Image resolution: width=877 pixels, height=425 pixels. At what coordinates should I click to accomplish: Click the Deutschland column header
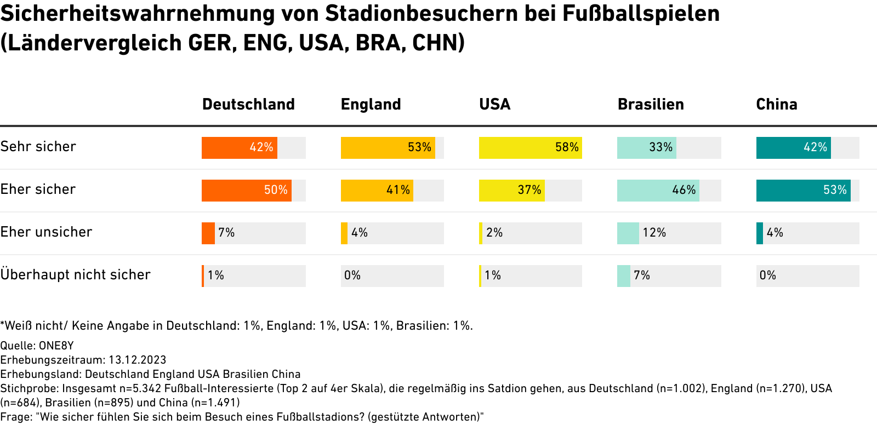click(x=248, y=104)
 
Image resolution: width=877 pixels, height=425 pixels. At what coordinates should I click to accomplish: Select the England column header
click(x=371, y=104)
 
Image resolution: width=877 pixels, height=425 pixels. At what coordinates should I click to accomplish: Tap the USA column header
click(x=494, y=104)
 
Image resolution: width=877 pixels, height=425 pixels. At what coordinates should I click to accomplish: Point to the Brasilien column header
click(x=651, y=104)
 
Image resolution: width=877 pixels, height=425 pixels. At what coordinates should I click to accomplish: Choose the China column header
click(x=776, y=104)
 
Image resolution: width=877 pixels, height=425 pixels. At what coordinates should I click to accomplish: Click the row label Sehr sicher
click(x=38, y=147)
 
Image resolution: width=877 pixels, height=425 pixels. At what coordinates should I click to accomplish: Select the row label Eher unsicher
click(x=46, y=232)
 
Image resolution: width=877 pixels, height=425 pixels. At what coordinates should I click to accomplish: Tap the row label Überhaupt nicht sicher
click(x=75, y=275)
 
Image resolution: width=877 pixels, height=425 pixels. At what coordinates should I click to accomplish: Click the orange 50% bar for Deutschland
click(x=246, y=191)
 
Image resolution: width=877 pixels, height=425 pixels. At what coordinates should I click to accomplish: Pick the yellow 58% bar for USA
click(x=530, y=148)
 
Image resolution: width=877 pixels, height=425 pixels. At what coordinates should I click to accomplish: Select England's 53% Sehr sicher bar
click(x=388, y=148)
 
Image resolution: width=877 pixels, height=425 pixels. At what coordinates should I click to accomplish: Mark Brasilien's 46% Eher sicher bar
click(x=658, y=191)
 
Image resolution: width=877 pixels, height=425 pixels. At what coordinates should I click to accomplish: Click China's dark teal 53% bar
click(x=803, y=191)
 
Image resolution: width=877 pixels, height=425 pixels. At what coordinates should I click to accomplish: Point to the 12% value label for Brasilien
click(x=654, y=233)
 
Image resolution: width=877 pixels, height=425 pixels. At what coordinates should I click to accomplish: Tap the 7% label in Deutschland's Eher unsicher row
click(x=226, y=233)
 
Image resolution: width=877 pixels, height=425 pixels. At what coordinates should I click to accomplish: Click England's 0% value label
click(x=352, y=275)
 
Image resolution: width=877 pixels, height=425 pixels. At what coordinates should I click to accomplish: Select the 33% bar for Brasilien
click(x=646, y=148)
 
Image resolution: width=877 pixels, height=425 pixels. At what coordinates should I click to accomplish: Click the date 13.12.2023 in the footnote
click(x=138, y=360)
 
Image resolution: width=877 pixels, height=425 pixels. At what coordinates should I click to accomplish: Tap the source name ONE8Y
click(x=56, y=346)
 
